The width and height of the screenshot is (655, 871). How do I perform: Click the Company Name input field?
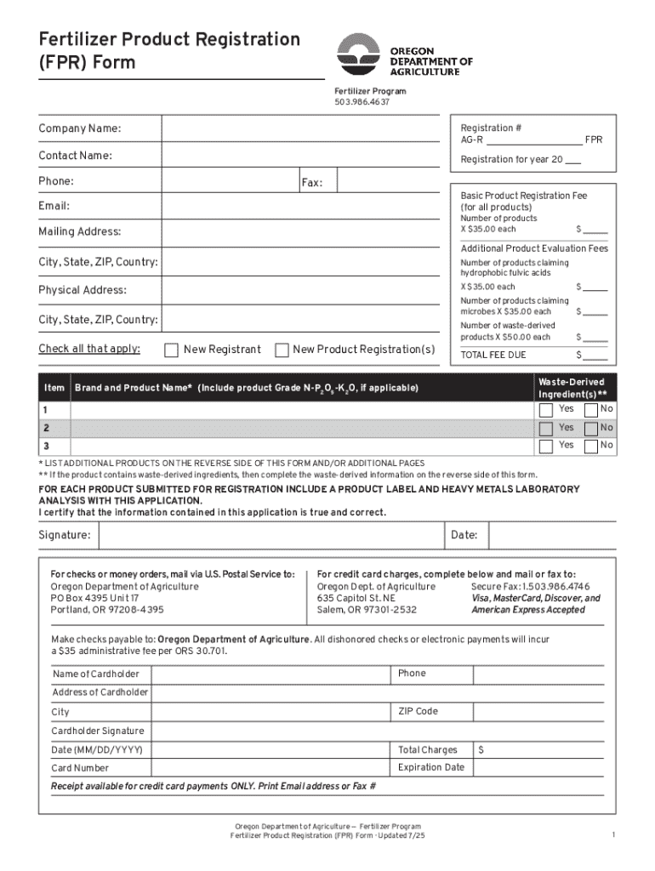(302, 128)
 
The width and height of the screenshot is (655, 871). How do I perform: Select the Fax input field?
(388, 182)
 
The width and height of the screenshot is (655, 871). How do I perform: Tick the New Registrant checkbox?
(171, 350)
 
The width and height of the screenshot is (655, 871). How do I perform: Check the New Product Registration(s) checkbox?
(282, 350)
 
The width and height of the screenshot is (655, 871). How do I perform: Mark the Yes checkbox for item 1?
(545, 409)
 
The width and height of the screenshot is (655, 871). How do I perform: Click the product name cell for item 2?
(302, 428)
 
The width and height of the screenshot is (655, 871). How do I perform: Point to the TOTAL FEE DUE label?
(493, 355)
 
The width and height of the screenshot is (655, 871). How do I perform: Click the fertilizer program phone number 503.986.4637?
(361, 102)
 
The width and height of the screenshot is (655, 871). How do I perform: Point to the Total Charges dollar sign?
(481, 750)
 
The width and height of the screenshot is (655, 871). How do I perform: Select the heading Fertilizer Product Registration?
(168, 39)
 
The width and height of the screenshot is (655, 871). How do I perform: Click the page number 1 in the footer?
(612, 835)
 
